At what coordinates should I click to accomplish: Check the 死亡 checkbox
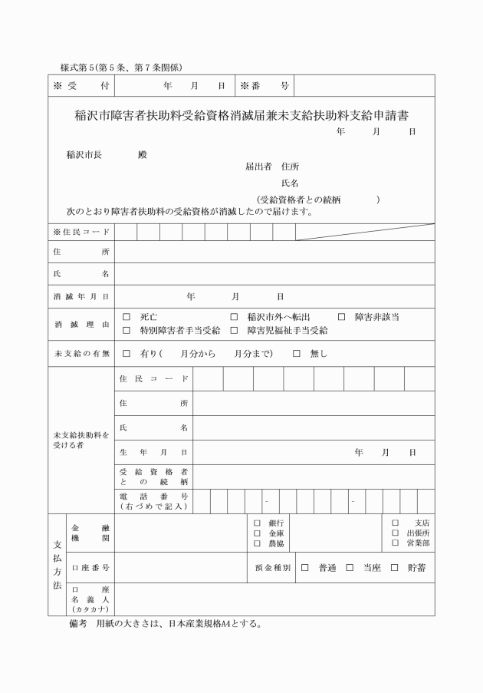tap(127, 317)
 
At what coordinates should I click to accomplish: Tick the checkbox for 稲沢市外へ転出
tap(234, 317)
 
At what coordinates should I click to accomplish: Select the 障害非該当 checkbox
tap(341, 317)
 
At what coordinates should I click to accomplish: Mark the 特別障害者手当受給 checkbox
tap(127, 331)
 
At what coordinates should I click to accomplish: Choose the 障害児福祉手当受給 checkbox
tap(234, 331)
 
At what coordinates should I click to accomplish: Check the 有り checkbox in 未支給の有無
tap(127, 354)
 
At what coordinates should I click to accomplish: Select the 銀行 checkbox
tap(257, 523)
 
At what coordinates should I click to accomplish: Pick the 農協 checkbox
tap(257, 543)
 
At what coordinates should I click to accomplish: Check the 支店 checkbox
tap(396, 523)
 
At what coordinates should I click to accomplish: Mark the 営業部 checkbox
tap(396, 543)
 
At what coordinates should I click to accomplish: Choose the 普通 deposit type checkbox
tap(304, 568)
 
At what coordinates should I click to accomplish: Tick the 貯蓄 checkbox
tap(395, 568)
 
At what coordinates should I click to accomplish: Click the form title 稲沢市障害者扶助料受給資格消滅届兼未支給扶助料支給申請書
tap(241, 115)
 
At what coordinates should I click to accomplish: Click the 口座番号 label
tap(90, 568)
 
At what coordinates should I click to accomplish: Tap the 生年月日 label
tap(153, 453)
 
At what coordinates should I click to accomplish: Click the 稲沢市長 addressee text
tap(84, 154)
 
